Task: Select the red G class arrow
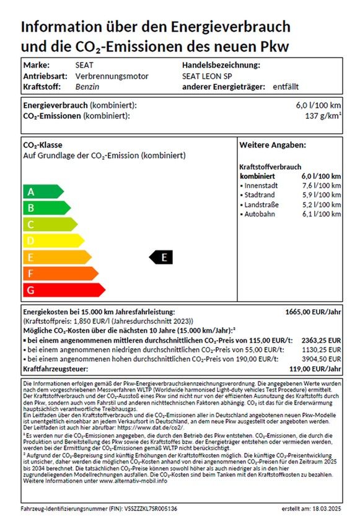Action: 62,289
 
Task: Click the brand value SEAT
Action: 85,65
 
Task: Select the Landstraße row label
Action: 261,204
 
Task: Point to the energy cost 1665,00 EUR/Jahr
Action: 312,312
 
